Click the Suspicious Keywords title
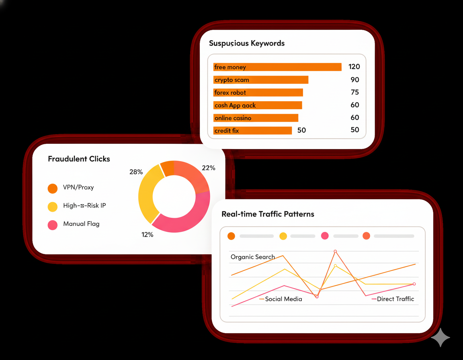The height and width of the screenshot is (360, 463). tap(247, 43)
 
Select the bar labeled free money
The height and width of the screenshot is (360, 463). tap(277, 67)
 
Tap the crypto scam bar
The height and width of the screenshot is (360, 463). tap(260, 80)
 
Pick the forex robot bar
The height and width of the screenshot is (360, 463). tap(258, 92)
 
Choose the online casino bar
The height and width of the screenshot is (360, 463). tap(256, 118)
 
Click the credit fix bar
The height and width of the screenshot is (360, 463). tap(252, 131)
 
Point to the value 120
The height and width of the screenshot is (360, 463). tap(354, 67)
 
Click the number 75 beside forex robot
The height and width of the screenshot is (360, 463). tap(354, 92)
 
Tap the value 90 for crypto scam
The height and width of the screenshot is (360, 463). tap(354, 80)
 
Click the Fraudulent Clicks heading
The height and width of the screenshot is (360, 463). tap(79, 159)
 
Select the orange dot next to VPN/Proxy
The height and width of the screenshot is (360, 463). tap(53, 188)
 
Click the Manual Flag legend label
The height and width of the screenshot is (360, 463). tap(81, 224)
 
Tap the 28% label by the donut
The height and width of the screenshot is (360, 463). tap(136, 172)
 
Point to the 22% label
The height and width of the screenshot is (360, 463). tap(209, 168)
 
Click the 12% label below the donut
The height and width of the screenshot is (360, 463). tap(148, 234)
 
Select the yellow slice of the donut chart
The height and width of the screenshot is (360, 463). tap(147, 193)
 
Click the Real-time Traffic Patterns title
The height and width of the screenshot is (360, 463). tap(268, 214)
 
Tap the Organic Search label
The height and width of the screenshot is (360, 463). tap(253, 257)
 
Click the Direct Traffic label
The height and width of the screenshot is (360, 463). tap(395, 299)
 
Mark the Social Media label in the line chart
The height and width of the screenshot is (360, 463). tap(283, 299)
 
